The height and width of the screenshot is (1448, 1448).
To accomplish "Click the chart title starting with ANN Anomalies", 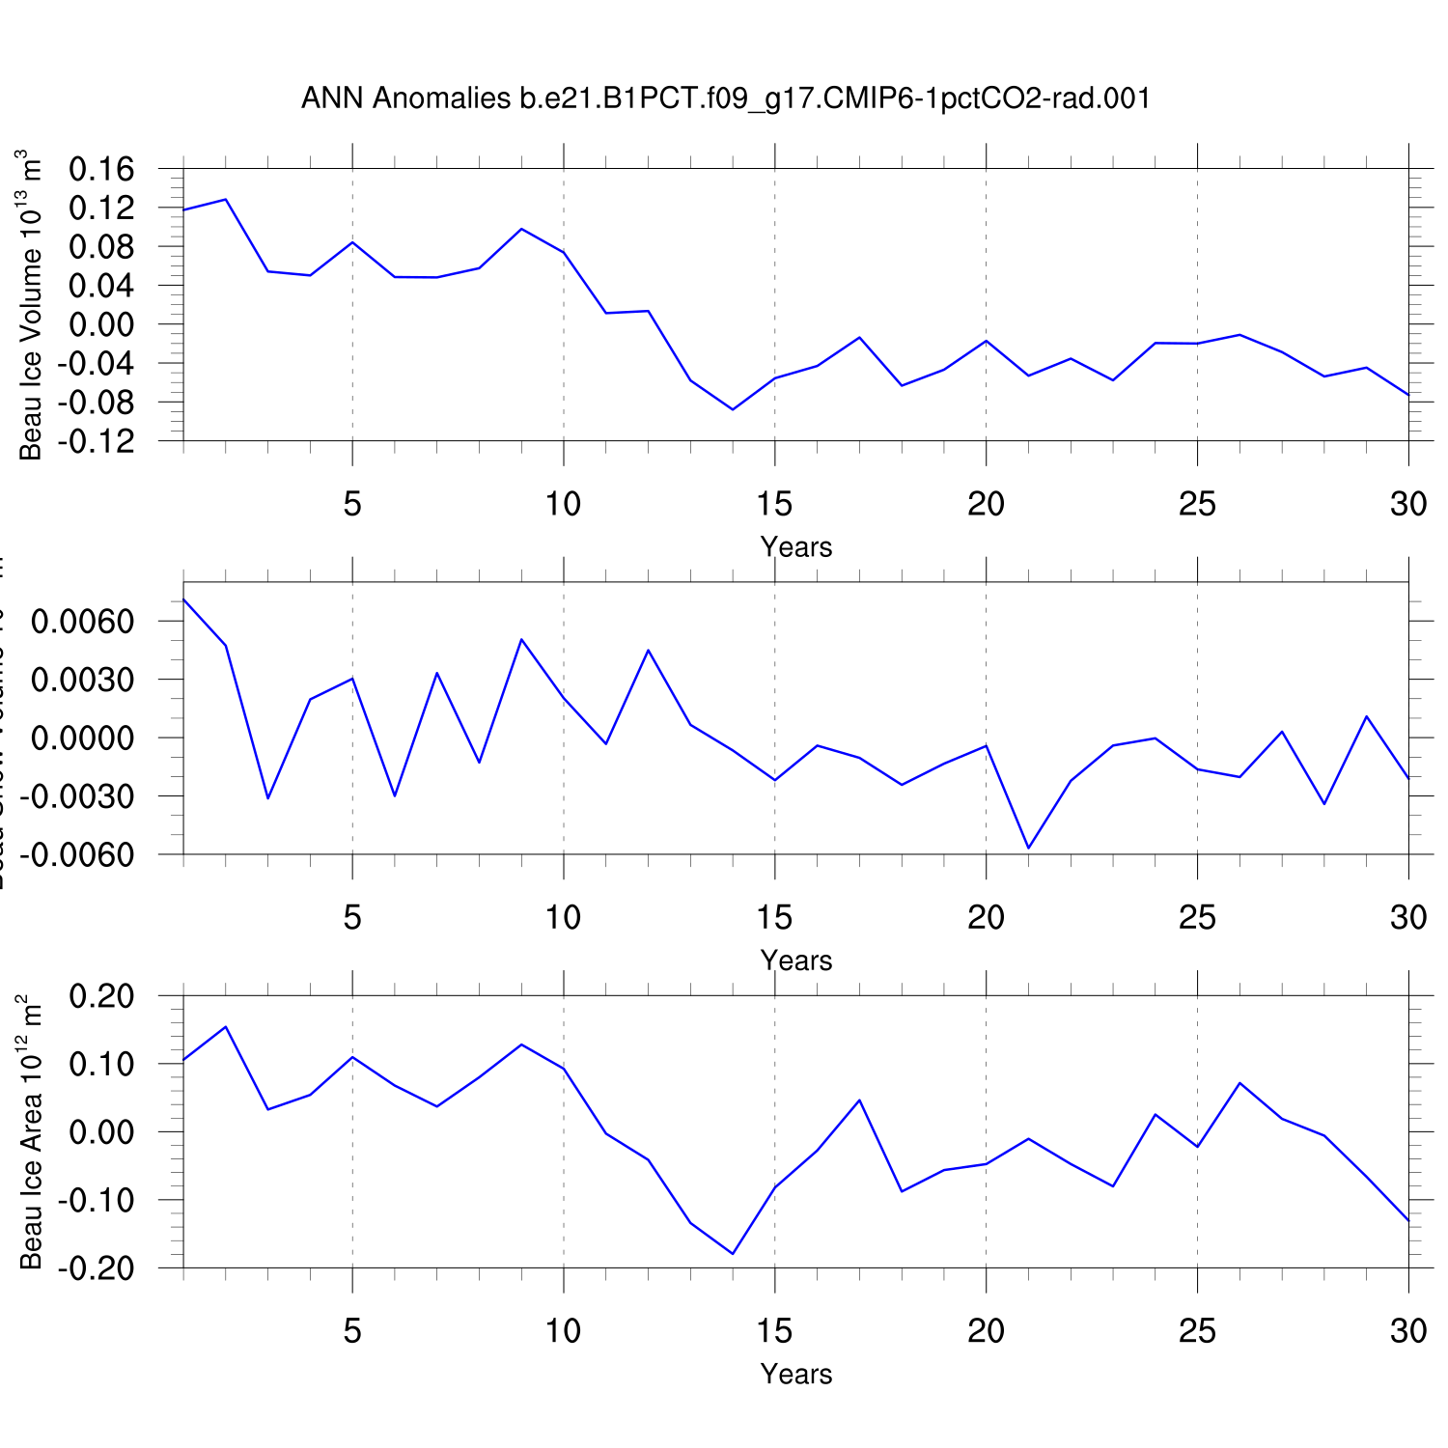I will point(725,98).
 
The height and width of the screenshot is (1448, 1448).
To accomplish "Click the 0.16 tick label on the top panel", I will point(101,170).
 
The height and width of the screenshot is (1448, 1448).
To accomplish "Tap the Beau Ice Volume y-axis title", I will point(31,305).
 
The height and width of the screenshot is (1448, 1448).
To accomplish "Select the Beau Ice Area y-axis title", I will point(31,1131).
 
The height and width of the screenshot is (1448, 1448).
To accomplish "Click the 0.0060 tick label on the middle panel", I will point(82,622).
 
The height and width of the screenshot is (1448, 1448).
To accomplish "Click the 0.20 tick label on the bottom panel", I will point(101,996).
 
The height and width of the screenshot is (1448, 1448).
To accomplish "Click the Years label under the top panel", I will point(795,547).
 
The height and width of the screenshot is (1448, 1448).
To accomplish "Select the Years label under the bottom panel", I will point(795,1374).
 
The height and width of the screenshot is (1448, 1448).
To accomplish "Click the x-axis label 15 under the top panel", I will point(774,504).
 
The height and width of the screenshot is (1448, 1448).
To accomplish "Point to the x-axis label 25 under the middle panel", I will point(1197,917).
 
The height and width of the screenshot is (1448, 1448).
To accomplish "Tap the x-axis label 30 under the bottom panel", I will point(1408,1331).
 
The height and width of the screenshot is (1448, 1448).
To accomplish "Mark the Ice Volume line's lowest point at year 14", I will point(733,409).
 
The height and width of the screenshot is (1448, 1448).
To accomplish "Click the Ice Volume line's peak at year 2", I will point(226,200).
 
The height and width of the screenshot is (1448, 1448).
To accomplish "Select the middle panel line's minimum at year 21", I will point(1028,848).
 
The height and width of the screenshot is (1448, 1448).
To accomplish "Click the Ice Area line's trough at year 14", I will point(733,1254).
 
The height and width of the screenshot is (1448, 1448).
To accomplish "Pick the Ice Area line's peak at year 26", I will point(1239,1083).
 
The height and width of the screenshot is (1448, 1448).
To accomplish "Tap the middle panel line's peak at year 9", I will point(521,639).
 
